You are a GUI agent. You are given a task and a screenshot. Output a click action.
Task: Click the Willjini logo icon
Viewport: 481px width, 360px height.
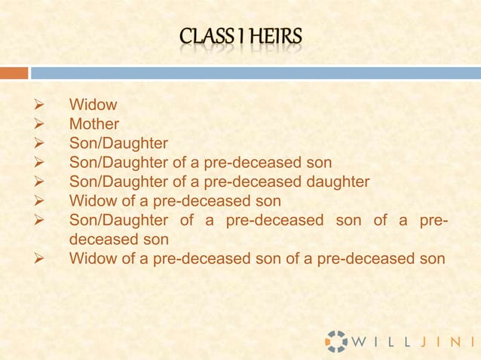click(336, 340)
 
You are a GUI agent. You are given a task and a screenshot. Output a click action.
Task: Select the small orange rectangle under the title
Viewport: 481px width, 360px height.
click(14, 73)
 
